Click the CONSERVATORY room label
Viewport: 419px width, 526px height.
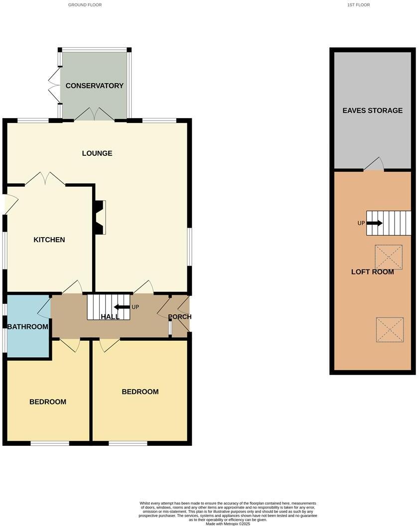(x=94, y=86)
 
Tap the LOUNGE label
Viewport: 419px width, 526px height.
(x=97, y=153)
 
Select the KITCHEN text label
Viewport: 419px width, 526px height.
(x=49, y=240)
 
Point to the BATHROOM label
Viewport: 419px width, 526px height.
(x=28, y=327)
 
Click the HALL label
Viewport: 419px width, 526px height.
(x=110, y=317)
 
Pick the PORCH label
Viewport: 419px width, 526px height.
(x=179, y=317)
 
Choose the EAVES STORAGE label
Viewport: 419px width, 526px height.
(x=372, y=111)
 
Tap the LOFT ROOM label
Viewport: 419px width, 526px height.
(x=372, y=272)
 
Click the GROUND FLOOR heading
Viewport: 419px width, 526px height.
(x=85, y=4)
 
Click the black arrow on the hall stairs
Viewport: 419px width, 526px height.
(x=122, y=307)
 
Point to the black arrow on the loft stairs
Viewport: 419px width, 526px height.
(x=374, y=223)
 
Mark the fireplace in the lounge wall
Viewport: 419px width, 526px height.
(x=100, y=217)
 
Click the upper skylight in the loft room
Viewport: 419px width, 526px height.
(x=389, y=257)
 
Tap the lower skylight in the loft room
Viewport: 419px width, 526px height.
(x=390, y=330)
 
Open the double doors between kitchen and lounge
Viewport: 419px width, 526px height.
(x=45, y=179)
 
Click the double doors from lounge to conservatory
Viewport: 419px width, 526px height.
(x=94, y=115)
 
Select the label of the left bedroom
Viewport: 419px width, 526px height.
(x=48, y=402)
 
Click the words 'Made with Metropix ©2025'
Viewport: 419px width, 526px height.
(x=227, y=524)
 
